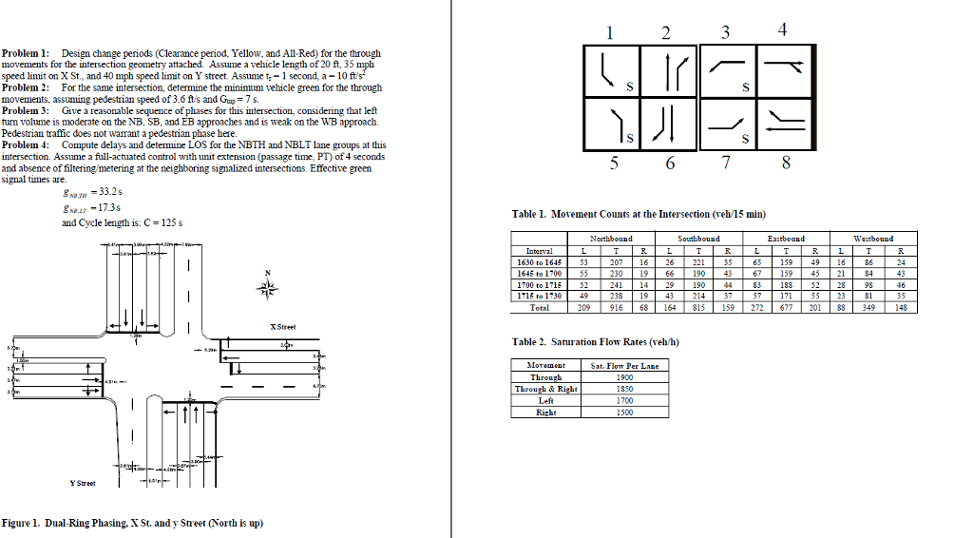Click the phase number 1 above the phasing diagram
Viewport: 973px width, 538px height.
610,31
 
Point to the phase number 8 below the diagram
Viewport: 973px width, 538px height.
785,163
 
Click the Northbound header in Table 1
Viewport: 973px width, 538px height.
611,239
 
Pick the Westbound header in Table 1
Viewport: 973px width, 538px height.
874,239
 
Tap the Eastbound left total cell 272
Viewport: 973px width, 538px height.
757,308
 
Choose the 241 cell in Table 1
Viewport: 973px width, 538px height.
618,285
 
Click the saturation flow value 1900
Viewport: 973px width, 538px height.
624,377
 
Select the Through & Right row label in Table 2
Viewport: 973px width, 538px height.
546,389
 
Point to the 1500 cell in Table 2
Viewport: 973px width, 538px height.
624,413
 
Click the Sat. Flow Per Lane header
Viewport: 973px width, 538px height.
624,365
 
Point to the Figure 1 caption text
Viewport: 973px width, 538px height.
132,523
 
